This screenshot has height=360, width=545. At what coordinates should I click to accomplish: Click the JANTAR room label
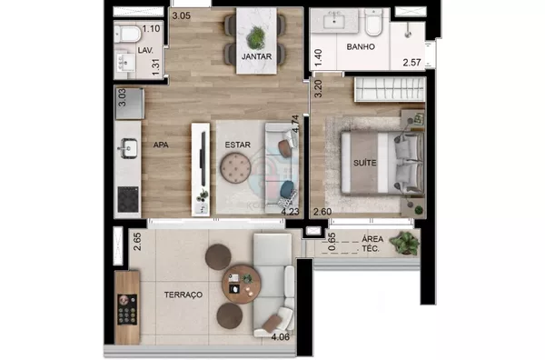point(256,56)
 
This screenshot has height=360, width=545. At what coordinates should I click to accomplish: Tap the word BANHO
point(361,46)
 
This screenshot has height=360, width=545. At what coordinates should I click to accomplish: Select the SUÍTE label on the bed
point(364,163)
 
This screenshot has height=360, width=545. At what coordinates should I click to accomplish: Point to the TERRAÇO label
point(183,295)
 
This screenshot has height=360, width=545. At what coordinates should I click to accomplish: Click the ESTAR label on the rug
point(237,145)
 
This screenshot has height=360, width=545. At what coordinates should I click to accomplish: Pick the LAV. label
point(145,50)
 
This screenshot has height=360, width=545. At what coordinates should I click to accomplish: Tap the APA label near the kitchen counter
point(161,145)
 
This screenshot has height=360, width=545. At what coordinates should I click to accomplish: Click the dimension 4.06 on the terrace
point(280,336)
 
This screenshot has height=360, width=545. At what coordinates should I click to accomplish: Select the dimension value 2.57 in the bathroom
point(411,63)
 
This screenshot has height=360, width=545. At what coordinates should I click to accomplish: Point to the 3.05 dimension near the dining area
point(182,15)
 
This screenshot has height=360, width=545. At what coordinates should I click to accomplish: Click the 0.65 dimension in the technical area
point(332,242)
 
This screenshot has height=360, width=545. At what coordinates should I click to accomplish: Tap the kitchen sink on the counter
point(127,148)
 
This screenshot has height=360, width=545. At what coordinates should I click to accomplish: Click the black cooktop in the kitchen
point(128,200)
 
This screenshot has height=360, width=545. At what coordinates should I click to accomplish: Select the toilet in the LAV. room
point(127,34)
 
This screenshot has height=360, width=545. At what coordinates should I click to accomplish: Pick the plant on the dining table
point(256,37)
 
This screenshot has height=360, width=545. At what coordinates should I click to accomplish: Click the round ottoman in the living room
point(235,168)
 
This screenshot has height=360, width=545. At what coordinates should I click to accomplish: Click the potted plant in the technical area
point(405,243)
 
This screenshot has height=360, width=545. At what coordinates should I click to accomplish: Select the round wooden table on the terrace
point(242,285)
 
